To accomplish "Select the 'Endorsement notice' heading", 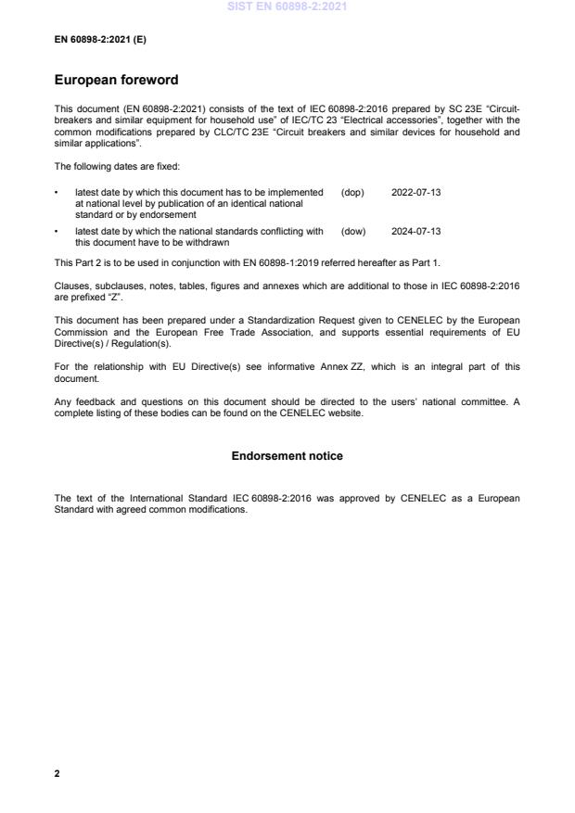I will (x=287, y=456).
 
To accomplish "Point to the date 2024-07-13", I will (x=416, y=231).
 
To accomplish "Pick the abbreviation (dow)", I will (x=353, y=231).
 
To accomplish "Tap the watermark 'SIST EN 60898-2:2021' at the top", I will (x=287, y=6).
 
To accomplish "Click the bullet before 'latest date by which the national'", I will (x=57, y=231).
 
